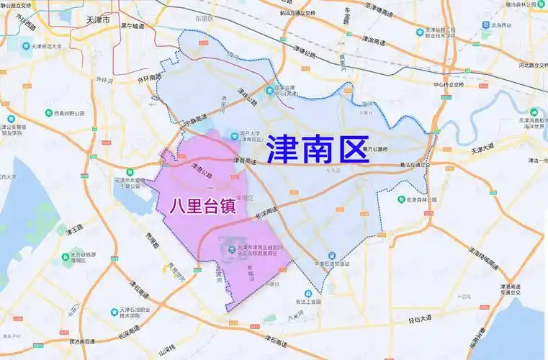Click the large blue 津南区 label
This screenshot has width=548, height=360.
click(318, 150)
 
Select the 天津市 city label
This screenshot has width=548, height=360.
click(96, 22)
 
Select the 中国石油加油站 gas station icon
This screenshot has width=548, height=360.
click(330, 255)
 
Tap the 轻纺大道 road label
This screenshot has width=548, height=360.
click(415, 318)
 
